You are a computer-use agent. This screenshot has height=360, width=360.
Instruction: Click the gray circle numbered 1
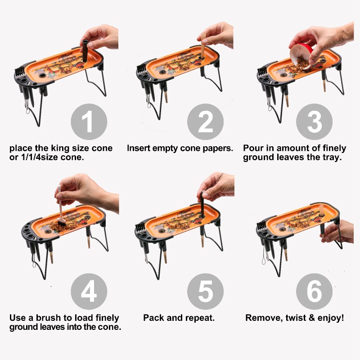point(89,121)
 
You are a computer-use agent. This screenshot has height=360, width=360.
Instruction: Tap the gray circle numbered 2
point(205,121)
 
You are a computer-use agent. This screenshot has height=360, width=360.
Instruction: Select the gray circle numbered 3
point(314,121)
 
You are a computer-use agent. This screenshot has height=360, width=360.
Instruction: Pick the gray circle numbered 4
point(89,291)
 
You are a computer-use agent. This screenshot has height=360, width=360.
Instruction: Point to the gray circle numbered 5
point(205,291)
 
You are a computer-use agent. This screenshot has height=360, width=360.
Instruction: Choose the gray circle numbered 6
point(314,291)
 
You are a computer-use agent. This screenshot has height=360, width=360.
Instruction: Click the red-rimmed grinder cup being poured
point(301,55)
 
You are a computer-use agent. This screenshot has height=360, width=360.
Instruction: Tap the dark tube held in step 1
point(85,51)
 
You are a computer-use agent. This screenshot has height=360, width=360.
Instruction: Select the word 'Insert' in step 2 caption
point(139,148)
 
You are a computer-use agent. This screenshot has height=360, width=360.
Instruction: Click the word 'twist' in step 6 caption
point(296,318)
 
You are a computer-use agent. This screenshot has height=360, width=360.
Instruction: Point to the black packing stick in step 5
point(202,204)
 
